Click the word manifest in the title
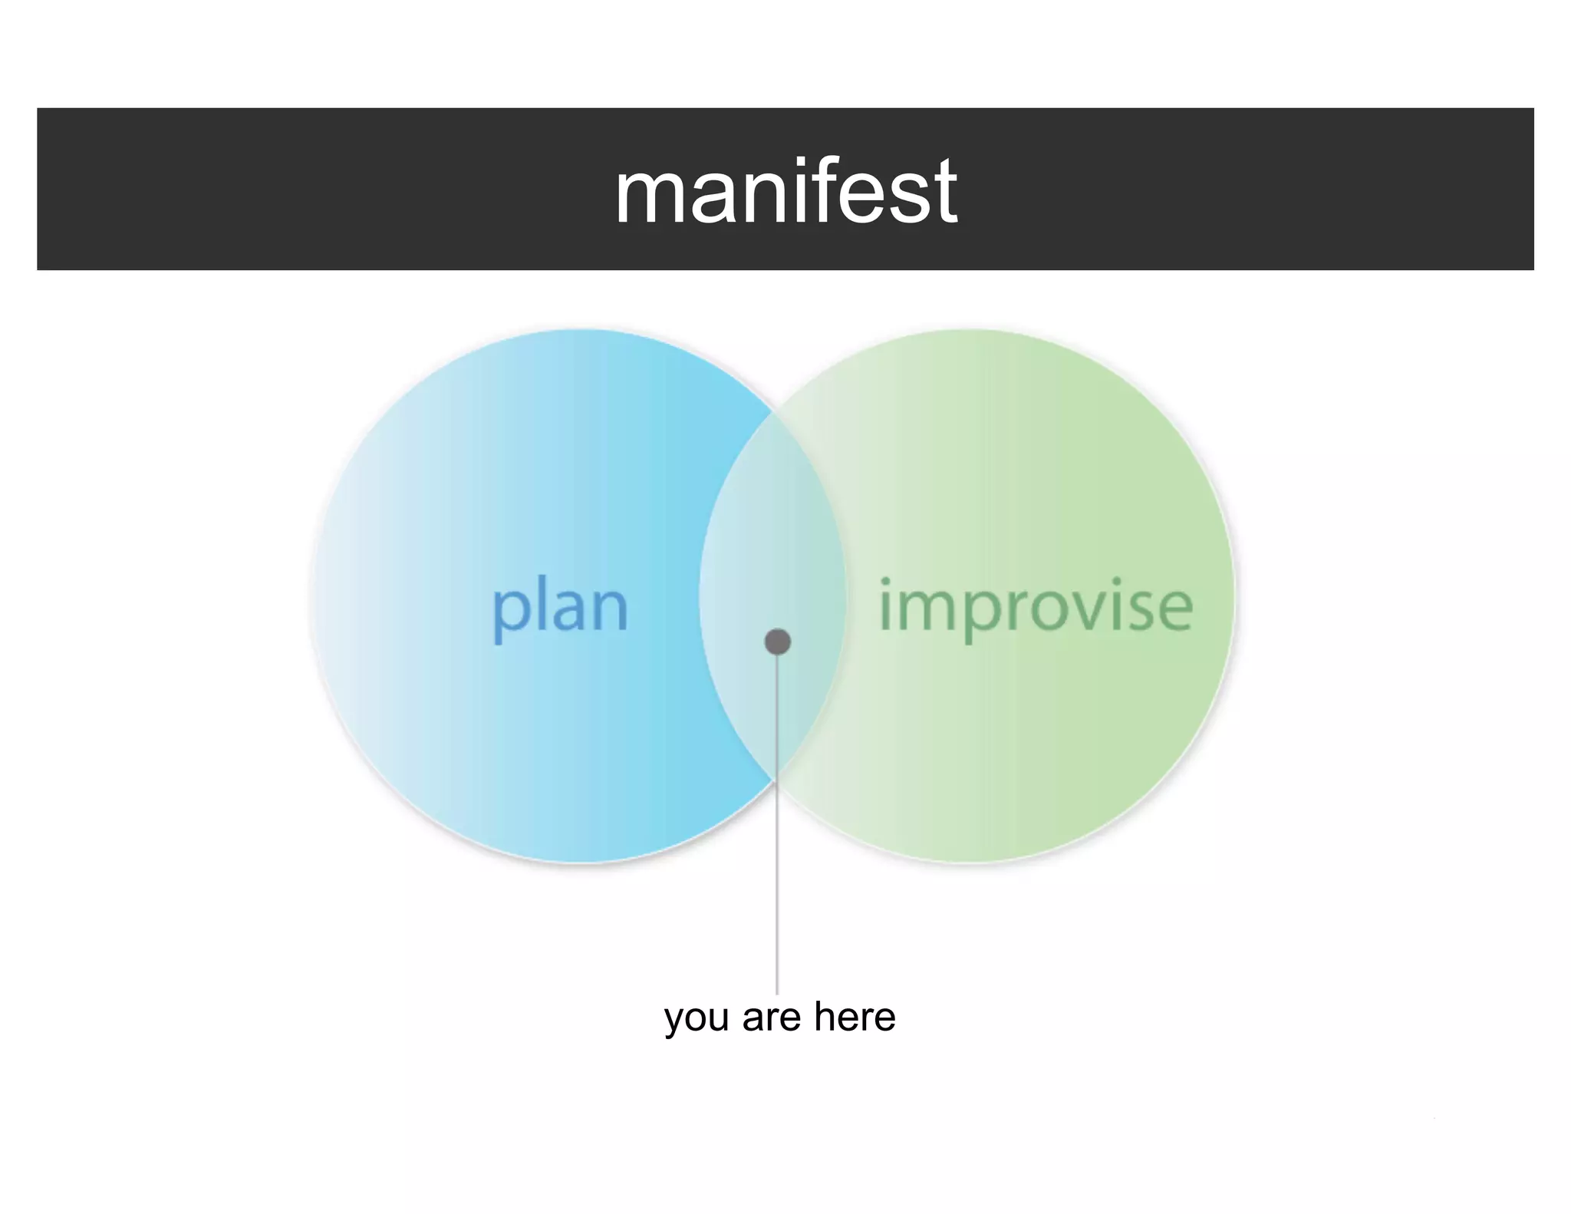pyautogui.click(x=785, y=191)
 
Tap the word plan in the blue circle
pyautogui.click(x=559, y=608)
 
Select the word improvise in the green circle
pyautogui.click(x=1036, y=606)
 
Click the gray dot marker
pyautogui.click(x=778, y=642)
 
